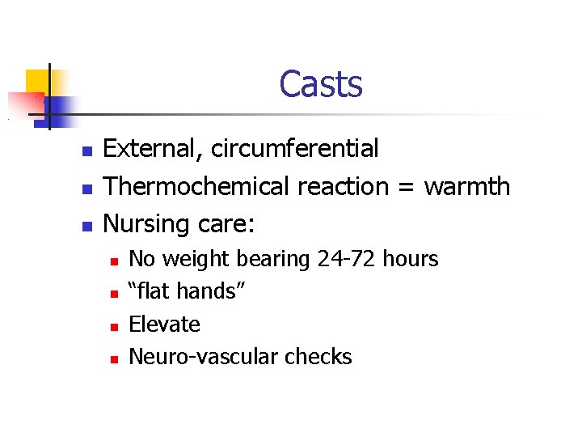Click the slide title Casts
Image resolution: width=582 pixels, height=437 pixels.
(x=321, y=84)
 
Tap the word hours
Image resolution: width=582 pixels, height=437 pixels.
(x=410, y=259)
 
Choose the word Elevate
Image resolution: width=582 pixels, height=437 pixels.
(x=164, y=325)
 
